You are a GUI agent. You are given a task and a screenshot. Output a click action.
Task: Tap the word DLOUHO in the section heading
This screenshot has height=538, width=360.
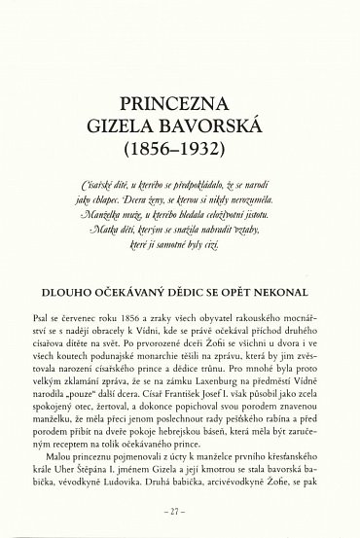click(74, 291)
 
